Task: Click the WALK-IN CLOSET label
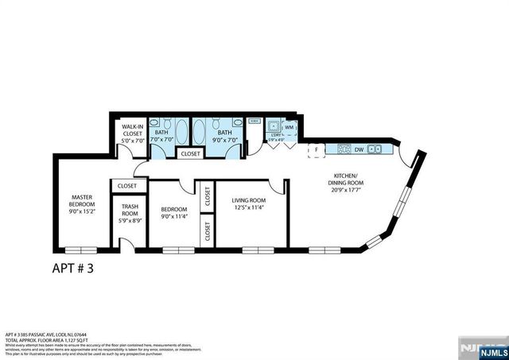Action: (x=131, y=133)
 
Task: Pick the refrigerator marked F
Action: (x=317, y=149)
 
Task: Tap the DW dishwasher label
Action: (x=359, y=148)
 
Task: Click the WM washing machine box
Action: (x=289, y=126)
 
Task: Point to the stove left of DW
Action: (x=344, y=148)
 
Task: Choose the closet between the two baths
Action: (x=190, y=153)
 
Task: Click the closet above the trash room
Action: (x=127, y=186)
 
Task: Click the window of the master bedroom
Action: (x=84, y=250)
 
